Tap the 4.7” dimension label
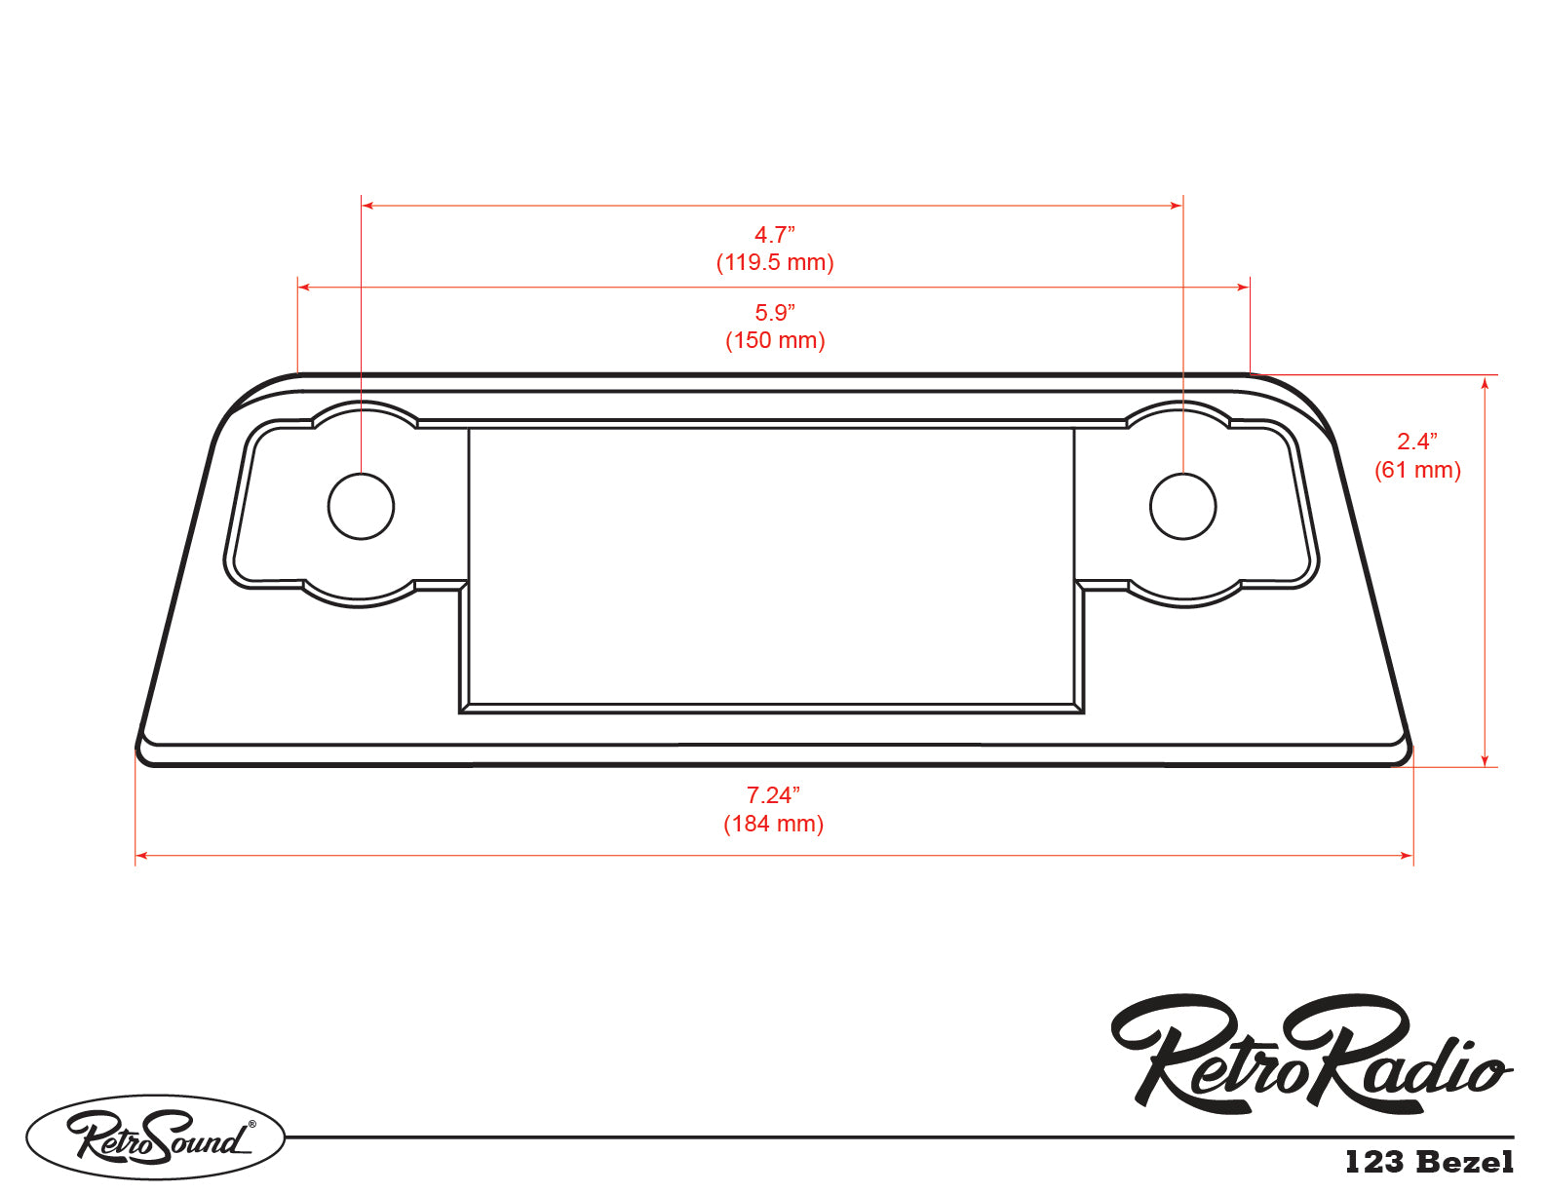click(x=775, y=235)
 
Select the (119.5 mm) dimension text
click(x=775, y=263)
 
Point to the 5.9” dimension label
click(x=775, y=313)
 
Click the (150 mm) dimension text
click(x=775, y=340)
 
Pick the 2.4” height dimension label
click(x=1417, y=443)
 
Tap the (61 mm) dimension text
click(x=1417, y=471)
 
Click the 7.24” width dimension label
click(x=774, y=795)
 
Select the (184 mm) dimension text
click(x=774, y=824)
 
